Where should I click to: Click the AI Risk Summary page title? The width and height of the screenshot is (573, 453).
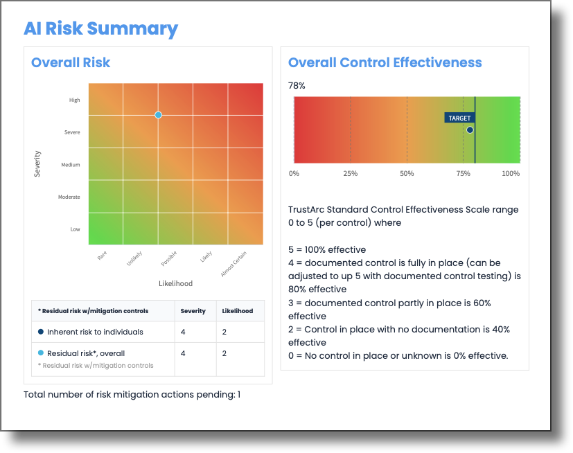coord(100,28)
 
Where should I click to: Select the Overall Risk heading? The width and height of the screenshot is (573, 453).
coord(71,62)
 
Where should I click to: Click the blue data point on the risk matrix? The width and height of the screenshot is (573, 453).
coord(159,115)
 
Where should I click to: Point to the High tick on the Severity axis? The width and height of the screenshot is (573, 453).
coord(74,100)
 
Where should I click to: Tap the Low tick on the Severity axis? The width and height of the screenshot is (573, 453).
coord(75,229)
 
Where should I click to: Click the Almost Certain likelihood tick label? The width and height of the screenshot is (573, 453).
coord(233,264)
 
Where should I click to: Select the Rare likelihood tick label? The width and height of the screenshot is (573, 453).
coord(103,256)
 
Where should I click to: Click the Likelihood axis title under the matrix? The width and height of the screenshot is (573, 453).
coord(175,283)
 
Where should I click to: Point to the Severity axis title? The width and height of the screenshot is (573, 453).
coord(37,163)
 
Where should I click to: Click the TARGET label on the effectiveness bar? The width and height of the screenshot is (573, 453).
coord(459,118)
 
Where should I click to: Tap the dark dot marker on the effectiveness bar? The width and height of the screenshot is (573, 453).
coord(470,130)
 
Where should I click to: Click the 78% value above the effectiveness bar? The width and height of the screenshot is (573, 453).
coord(297,86)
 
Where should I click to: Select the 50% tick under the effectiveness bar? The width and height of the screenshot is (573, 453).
coord(407,173)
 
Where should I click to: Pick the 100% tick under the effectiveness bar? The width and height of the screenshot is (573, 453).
coord(511,173)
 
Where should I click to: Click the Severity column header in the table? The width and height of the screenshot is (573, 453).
coord(193,311)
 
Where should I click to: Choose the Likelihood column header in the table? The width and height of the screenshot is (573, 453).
coord(237,311)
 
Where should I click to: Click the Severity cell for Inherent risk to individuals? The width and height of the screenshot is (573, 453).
coord(183,332)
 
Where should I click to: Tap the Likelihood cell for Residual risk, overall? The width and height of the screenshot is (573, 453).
coord(224,353)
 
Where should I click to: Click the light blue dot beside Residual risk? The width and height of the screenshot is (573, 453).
coord(42,353)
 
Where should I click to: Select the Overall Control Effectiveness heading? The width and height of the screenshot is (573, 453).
coord(385,62)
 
